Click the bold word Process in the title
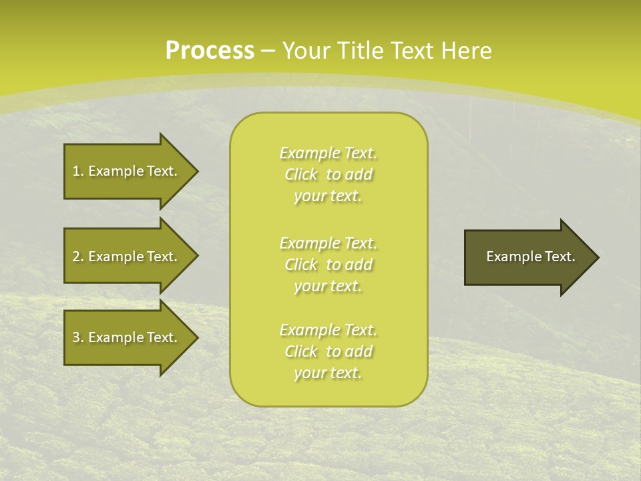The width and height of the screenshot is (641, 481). [x=210, y=51]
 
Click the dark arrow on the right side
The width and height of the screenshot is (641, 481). [x=527, y=257]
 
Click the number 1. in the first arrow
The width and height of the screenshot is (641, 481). [x=77, y=171]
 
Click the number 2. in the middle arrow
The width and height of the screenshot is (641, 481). [x=77, y=257]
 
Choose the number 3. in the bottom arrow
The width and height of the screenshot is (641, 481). [x=77, y=337]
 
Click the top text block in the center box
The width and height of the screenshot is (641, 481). [x=328, y=174]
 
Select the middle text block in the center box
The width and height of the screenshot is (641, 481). [x=328, y=265]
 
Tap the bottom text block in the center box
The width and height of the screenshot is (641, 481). [x=328, y=351]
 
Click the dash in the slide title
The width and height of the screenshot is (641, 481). [x=268, y=51]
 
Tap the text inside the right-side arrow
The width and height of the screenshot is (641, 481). [x=530, y=257]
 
